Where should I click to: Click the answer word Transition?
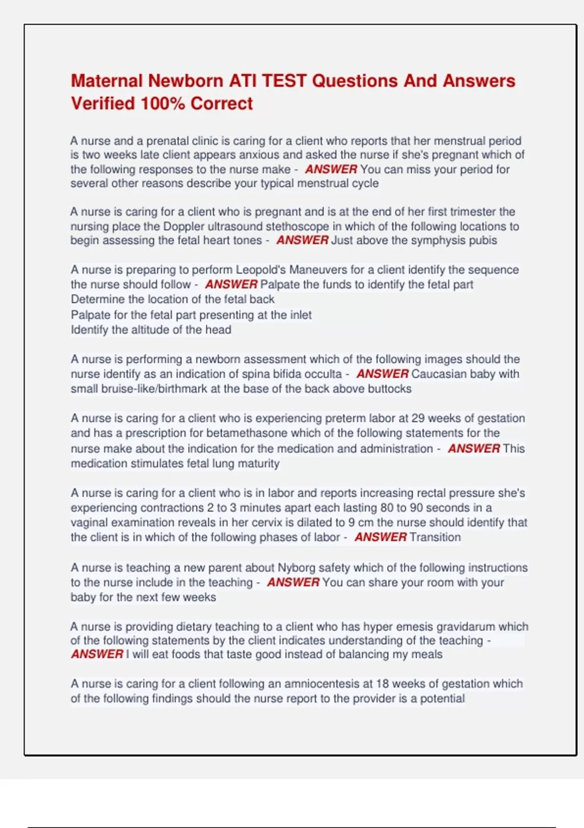click(x=435, y=537)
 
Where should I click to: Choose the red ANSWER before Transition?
click(x=381, y=537)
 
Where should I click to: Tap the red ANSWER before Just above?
click(x=302, y=241)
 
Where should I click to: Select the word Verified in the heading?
click(x=103, y=104)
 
